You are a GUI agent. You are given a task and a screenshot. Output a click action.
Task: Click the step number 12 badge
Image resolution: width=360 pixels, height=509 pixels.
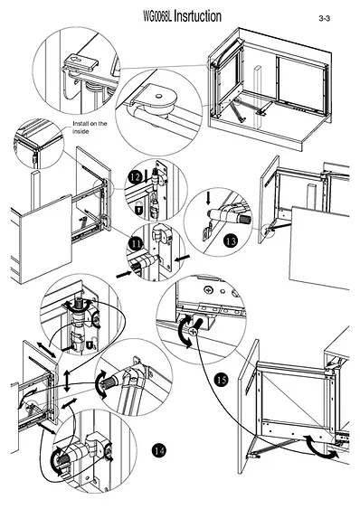pyautogui.click(x=135, y=177)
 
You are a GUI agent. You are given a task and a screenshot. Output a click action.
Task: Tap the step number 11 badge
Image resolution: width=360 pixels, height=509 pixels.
pyautogui.click(x=135, y=243)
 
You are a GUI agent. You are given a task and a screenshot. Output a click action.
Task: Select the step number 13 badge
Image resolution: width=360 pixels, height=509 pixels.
pyautogui.click(x=231, y=241)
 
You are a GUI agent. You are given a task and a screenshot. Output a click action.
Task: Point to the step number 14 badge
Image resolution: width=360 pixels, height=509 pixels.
pyautogui.click(x=158, y=450)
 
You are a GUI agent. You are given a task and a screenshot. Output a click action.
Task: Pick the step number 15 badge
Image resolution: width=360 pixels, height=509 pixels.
pyautogui.click(x=222, y=380)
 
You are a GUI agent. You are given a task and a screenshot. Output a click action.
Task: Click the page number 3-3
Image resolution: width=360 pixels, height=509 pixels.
pyautogui.click(x=324, y=18)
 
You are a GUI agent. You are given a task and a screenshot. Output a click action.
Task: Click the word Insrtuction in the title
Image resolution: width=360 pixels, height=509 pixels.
pyautogui.click(x=197, y=16)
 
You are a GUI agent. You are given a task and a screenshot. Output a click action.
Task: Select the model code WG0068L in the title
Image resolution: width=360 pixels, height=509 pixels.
pyautogui.click(x=157, y=16)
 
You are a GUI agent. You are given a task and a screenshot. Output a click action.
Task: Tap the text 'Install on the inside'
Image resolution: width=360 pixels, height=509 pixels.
pyautogui.click(x=90, y=127)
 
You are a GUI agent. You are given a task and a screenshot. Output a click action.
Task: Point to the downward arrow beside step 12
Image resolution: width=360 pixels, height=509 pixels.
pyautogui.click(x=147, y=176)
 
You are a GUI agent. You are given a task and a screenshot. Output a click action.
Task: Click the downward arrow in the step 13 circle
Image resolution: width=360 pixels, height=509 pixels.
pyautogui.click(x=208, y=199)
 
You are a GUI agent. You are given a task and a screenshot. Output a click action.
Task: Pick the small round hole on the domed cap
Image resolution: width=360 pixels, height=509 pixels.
pyautogui.click(x=159, y=96)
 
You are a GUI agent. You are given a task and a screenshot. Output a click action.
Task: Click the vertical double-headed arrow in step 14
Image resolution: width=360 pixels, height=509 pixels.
pyautogui.click(x=67, y=382)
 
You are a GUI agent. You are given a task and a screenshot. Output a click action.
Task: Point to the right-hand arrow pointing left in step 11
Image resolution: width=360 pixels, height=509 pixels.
pyautogui.click(x=183, y=258)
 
